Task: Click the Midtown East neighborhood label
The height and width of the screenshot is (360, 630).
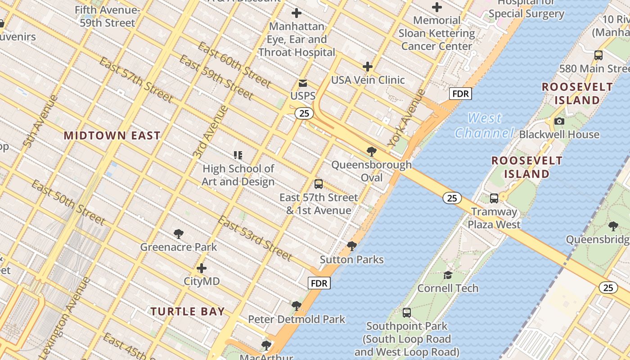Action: pyautogui.click(x=112, y=135)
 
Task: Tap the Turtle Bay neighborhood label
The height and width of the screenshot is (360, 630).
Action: pyautogui.click(x=188, y=311)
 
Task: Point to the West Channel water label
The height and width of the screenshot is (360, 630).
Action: pyautogui.click(x=484, y=126)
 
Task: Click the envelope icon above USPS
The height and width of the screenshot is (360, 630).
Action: pyautogui.click(x=303, y=83)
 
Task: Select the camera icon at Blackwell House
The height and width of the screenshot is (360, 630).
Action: pyautogui.click(x=559, y=121)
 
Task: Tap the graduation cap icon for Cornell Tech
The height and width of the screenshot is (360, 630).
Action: pyautogui.click(x=448, y=274)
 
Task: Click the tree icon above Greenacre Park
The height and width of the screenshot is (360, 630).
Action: pyautogui.click(x=179, y=234)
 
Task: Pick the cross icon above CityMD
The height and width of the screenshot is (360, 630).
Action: pyautogui.click(x=202, y=268)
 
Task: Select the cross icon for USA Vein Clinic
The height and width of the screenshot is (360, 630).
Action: pyautogui.click(x=368, y=67)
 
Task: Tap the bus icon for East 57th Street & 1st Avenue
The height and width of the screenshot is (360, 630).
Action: pyautogui.click(x=319, y=184)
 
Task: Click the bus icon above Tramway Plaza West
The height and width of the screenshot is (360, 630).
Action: pyautogui.click(x=494, y=198)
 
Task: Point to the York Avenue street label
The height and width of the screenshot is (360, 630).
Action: pyautogui.click(x=407, y=118)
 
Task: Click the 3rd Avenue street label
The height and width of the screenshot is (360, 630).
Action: pyautogui.click(x=210, y=132)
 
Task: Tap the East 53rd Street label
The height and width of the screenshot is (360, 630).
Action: pyautogui.click(x=255, y=238)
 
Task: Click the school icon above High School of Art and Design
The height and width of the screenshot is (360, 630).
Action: pyautogui.click(x=238, y=155)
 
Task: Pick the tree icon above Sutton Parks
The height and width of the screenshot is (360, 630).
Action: pyautogui.click(x=352, y=246)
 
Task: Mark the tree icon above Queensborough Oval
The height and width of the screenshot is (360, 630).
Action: pyautogui.click(x=371, y=151)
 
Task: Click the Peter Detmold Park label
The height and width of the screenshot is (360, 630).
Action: pyautogui.click(x=297, y=319)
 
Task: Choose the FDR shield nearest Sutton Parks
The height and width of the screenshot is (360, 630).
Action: pyautogui.click(x=319, y=283)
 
